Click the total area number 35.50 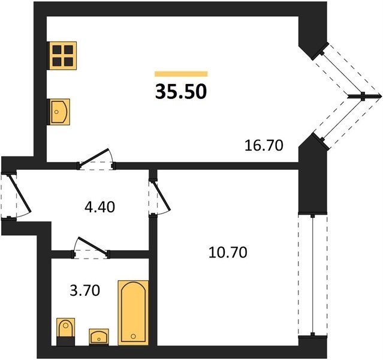click(x=181, y=91)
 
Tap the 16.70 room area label click(x=264, y=145)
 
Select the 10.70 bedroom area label click(x=228, y=253)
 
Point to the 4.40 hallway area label click(x=99, y=207)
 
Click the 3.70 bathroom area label click(x=85, y=291)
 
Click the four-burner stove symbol click(x=63, y=56)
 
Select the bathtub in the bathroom click(x=133, y=313)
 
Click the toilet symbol click(x=65, y=332)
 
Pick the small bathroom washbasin click(x=99, y=337)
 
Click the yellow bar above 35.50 click(x=181, y=74)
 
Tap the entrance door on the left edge click(x=20, y=193)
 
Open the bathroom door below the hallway click(x=91, y=247)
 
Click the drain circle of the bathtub click(x=133, y=336)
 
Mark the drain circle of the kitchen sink click(x=56, y=112)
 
